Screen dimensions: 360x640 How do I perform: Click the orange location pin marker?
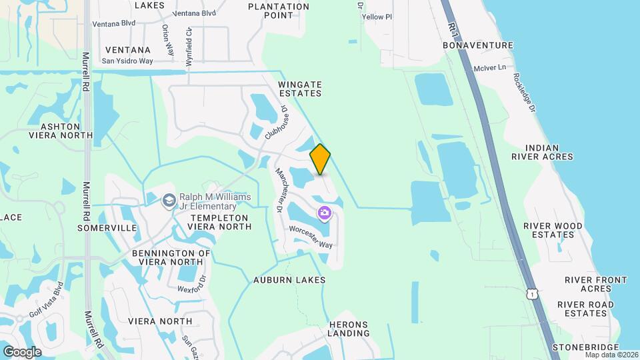pyautogui.click(x=320, y=159)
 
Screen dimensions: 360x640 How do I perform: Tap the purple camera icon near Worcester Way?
pyautogui.click(x=325, y=213)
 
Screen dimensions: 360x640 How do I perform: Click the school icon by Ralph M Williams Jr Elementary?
pyautogui.click(x=169, y=199)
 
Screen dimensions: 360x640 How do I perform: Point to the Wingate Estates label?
pyautogui.click(x=300, y=89)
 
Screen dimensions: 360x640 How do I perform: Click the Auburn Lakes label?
pyautogui.click(x=289, y=280)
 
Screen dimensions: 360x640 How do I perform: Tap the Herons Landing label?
pyautogui.click(x=349, y=329)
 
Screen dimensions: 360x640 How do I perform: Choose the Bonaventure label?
pyautogui.click(x=478, y=45)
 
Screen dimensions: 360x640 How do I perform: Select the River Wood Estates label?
pyautogui.click(x=549, y=230)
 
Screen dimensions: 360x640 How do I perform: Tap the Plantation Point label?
pyautogui.click(x=278, y=11)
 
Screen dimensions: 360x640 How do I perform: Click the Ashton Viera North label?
pyautogui.click(x=61, y=130)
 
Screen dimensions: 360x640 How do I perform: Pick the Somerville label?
pyautogui.click(x=107, y=227)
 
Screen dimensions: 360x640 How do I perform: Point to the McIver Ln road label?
pyautogui.click(x=490, y=68)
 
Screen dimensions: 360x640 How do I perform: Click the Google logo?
pyautogui.click(x=22, y=351)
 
